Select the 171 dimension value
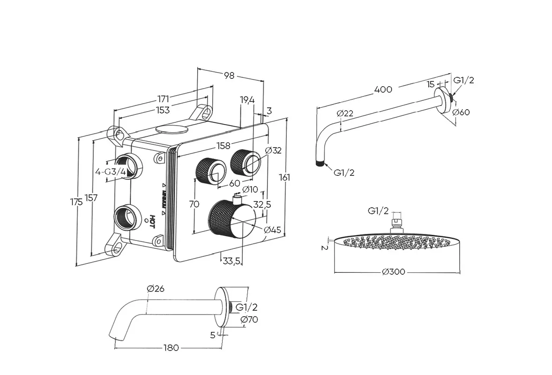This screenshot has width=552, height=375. coord(163,98)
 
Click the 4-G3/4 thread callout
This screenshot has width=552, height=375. coord(110,172)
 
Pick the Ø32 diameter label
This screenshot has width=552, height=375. coord(273,150)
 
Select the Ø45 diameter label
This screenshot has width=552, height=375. coord(272,230)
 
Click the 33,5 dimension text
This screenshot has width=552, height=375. coord(232,260)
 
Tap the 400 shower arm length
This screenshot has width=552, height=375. coord(383,89)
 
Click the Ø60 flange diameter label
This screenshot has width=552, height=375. coord(461,112)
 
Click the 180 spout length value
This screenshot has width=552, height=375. coord(172,347)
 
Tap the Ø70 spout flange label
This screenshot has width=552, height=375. coord(249,320)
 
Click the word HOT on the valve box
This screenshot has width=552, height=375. coord(152,220)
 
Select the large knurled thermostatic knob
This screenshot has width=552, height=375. coord(231,219)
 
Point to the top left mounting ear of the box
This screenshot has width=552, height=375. coord(117,135)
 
